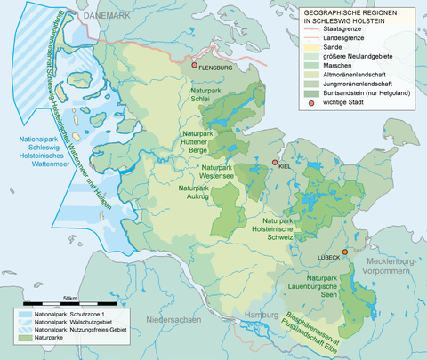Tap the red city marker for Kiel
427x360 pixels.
(275, 163)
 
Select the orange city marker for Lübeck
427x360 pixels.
(345, 252)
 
